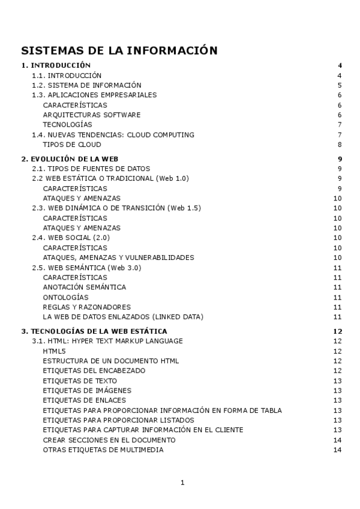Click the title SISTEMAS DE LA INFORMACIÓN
119,50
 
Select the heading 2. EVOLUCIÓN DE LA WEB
70,158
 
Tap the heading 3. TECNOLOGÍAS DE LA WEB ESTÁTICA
94,331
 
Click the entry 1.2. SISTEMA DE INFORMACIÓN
86,85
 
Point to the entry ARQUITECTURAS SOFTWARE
92,115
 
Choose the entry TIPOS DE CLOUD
72,145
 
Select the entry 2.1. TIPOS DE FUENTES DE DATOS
91,169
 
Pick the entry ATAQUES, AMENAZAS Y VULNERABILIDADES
118,258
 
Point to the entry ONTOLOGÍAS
65,297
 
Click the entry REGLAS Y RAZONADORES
86,307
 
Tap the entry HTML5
54,351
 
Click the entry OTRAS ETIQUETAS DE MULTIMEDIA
103,450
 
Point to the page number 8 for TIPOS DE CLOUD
340,145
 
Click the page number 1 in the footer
182,482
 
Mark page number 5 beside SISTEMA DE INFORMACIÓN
340,85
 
